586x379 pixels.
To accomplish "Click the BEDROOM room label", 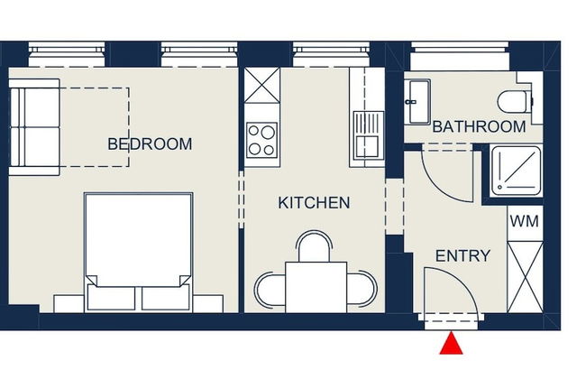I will pyautogui.click(x=150, y=143).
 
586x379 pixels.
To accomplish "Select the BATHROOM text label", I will pyautogui.click(x=479, y=127).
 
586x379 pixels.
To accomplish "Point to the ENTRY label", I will pyautogui.click(x=462, y=256).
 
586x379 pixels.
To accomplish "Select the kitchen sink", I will pyautogui.click(x=368, y=135).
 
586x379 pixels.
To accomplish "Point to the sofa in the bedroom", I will pyautogui.click(x=33, y=125).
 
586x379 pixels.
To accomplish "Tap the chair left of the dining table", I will pyautogui.click(x=270, y=289).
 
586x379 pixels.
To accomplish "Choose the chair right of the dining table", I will pyautogui.click(x=362, y=289).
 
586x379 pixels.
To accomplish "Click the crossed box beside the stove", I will pyautogui.click(x=262, y=88).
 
